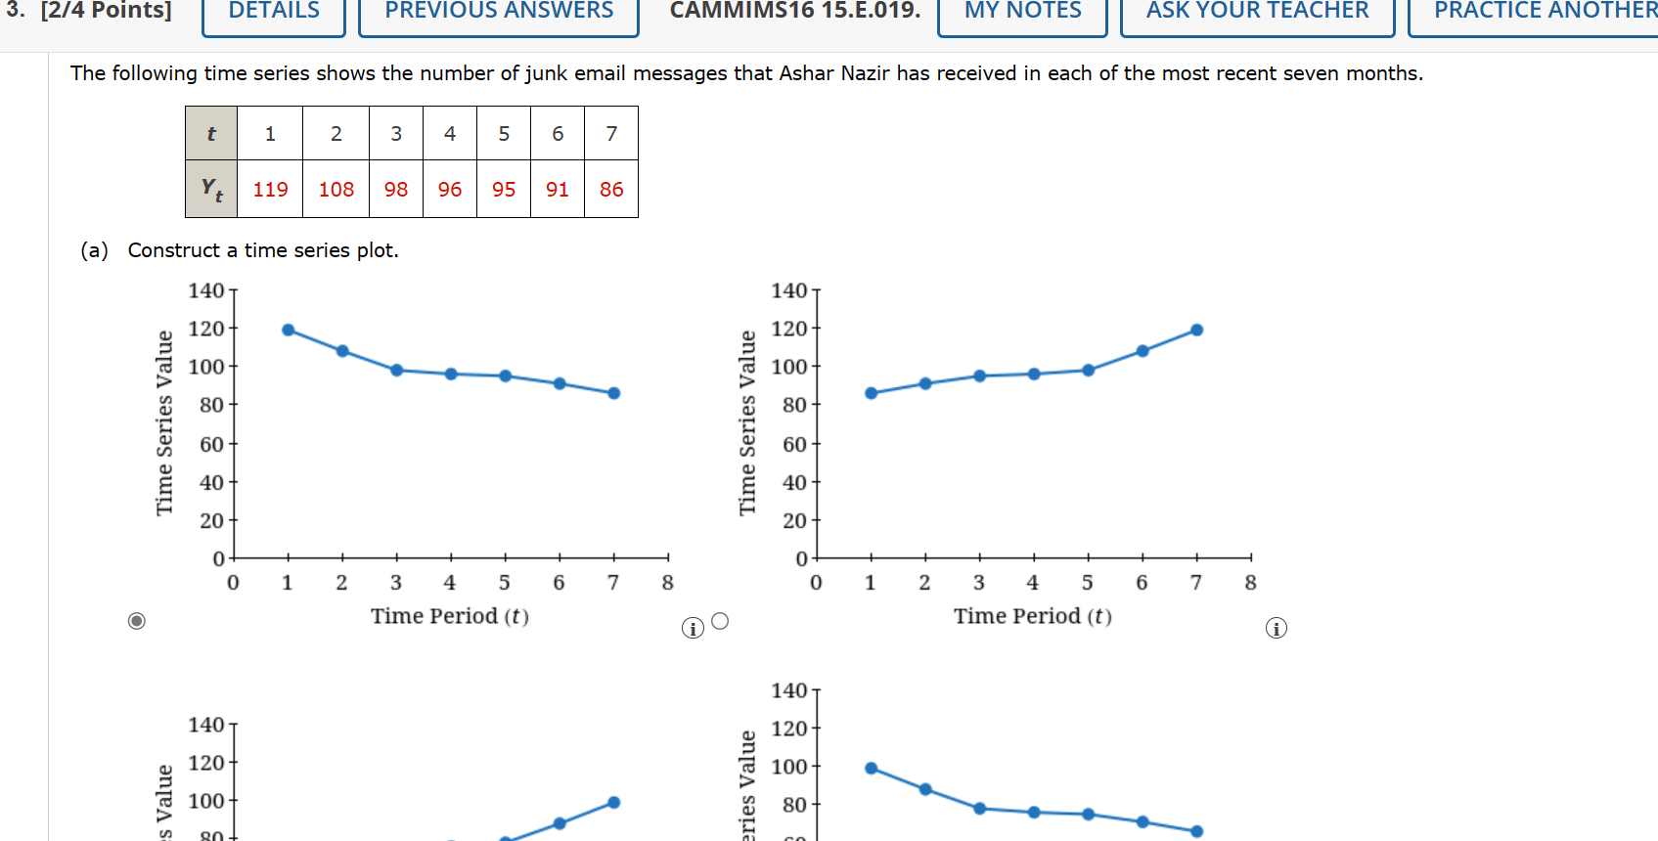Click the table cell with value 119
point(270,189)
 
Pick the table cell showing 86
point(611,189)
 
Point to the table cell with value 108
point(336,189)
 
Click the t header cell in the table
point(211,134)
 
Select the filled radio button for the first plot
point(137,621)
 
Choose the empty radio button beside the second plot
point(720,621)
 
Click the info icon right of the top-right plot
point(1276,628)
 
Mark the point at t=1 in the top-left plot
point(289,330)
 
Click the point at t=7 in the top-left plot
point(614,393)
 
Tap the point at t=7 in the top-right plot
point(1196,330)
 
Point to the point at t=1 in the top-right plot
point(872,393)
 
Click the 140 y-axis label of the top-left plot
point(205,290)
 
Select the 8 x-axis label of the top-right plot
point(1250,583)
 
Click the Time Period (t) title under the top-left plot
point(449,616)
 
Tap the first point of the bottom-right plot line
point(872,769)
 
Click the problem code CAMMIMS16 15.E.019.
point(794,12)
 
